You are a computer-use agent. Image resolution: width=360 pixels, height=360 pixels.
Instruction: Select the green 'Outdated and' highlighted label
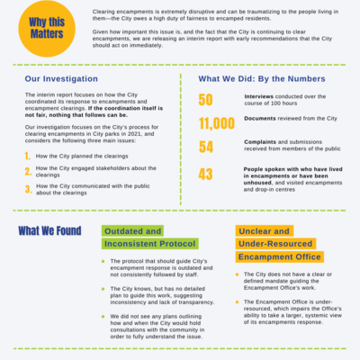point(134,230)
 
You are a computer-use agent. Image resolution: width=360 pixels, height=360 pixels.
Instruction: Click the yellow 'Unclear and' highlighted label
point(263,230)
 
